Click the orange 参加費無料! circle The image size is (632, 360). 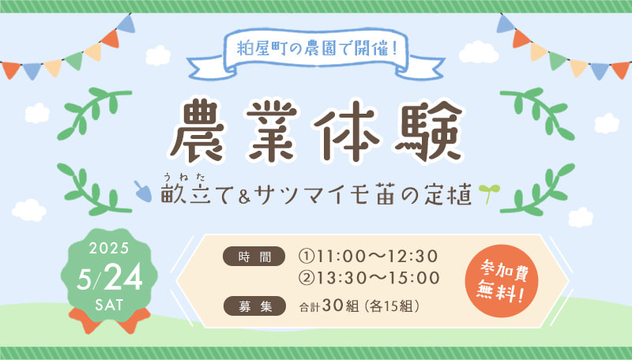(x=502, y=281)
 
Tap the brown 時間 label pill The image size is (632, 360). (x=254, y=257)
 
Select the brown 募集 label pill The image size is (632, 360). (x=254, y=306)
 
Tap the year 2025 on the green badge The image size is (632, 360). (x=109, y=248)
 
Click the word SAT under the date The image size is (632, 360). (x=109, y=305)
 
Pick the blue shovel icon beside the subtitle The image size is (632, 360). (x=143, y=191)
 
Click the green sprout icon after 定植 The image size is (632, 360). (x=490, y=193)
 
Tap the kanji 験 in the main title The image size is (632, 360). (x=429, y=130)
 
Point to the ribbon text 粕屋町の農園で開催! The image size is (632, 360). (x=318, y=49)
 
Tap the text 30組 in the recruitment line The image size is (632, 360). (x=340, y=306)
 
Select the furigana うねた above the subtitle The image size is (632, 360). (x=186, y=176)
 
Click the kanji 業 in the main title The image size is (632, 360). (x=273, y=130)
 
